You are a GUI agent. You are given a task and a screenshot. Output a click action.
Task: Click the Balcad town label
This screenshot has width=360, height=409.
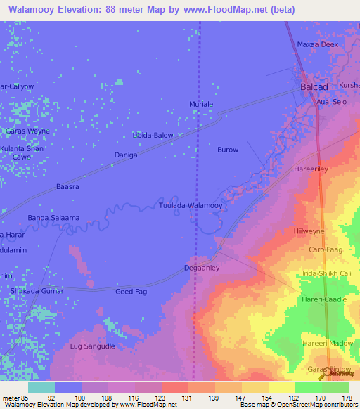314,86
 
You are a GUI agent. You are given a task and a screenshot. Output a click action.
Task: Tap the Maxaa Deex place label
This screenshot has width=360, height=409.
318,44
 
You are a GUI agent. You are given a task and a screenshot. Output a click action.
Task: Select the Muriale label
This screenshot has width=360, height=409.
201,104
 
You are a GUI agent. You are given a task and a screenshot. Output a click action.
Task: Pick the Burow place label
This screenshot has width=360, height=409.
228,150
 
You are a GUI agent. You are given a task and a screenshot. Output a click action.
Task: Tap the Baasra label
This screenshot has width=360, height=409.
67,187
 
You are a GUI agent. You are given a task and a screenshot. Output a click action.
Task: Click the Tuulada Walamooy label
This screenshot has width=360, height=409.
191,205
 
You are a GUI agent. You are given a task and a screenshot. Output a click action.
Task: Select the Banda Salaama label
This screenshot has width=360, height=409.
53,218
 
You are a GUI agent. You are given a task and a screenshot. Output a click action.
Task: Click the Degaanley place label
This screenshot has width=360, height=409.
202,268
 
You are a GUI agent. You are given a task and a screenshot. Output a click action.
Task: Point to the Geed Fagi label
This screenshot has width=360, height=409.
133,291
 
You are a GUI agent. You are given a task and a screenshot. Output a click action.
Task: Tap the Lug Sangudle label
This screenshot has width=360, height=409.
92,346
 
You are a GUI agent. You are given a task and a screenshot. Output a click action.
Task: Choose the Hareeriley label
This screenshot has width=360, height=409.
312,170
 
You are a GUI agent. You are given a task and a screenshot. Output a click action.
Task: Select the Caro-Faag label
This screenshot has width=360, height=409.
325,249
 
